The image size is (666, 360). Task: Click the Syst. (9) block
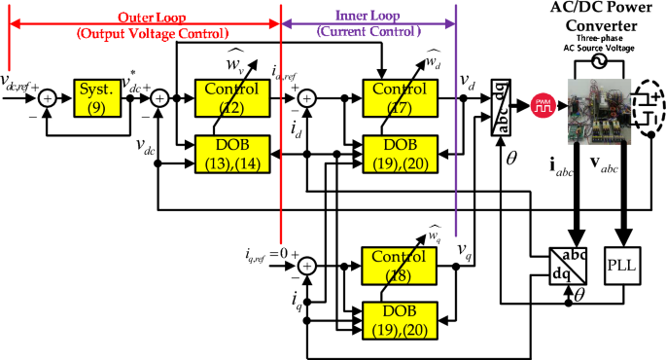coord(94,98)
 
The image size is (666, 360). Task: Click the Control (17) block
coord(402,98)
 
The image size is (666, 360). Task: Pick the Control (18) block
coord(402,265)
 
